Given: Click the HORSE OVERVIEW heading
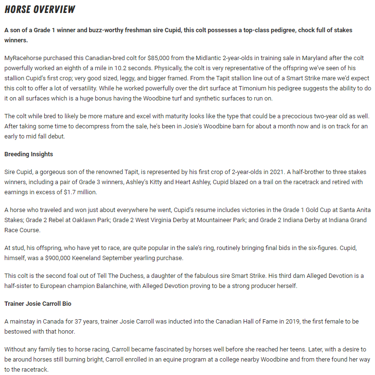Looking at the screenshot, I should tap(40, 9).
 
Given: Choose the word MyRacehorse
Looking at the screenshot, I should tap(25, 58).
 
